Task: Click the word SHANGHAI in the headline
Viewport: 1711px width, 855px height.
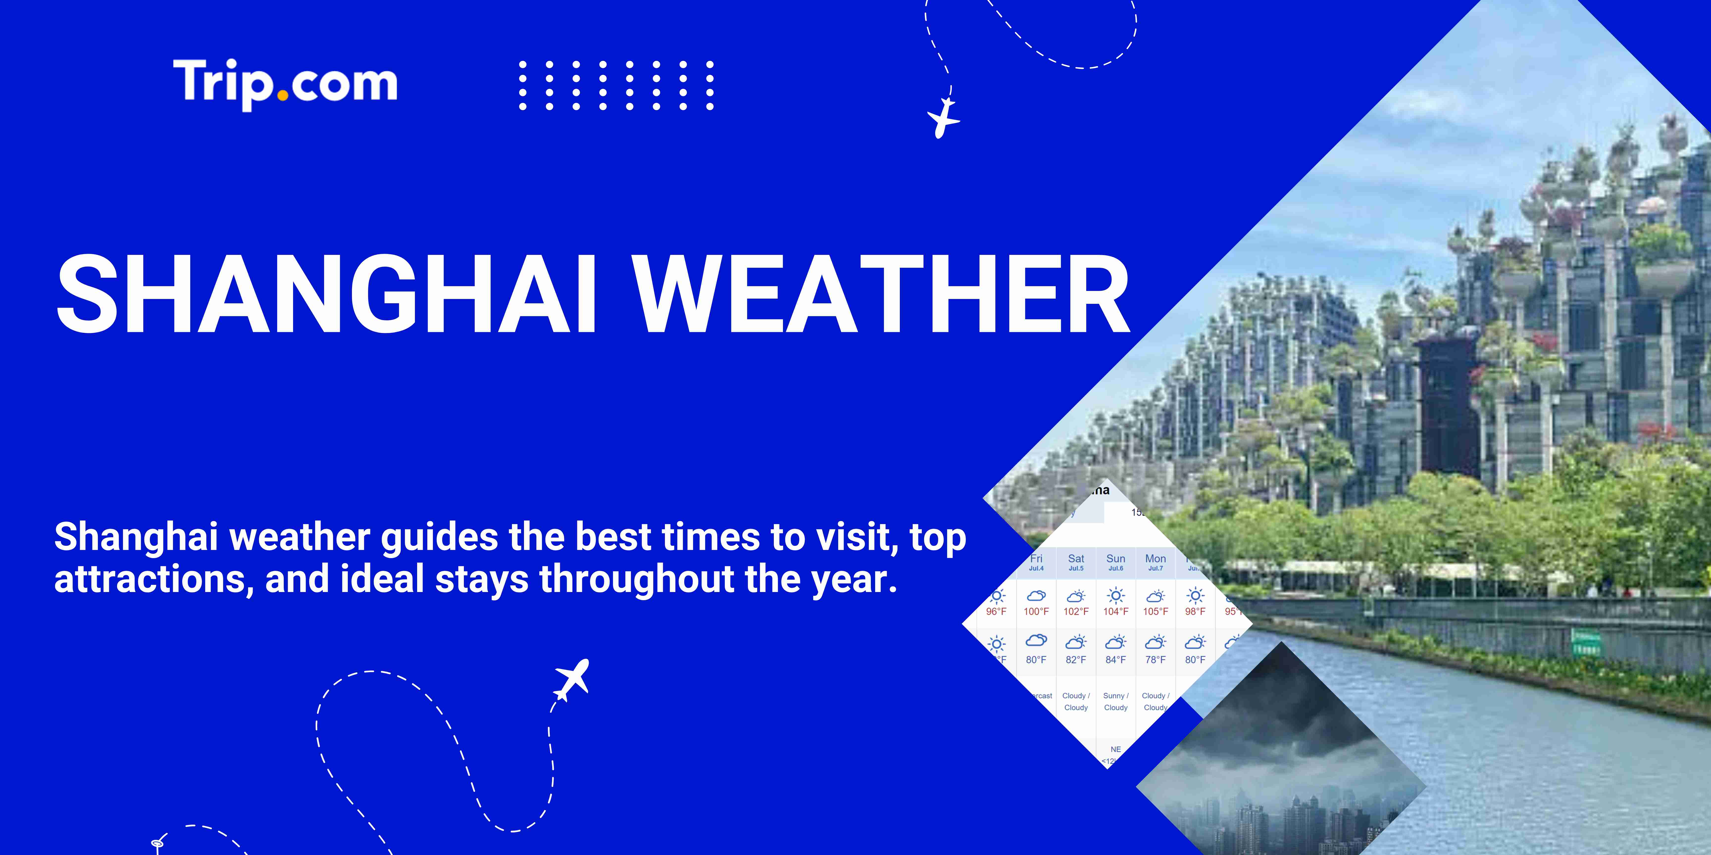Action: [x=326, y=294]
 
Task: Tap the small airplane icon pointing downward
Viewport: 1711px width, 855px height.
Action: [x=943, y=118]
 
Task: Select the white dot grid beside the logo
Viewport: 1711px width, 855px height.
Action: [x=616, y=85]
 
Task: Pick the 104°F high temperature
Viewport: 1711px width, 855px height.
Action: [x=1116, y=611]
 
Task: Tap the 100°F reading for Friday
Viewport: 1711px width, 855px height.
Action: [x=1036, y=611]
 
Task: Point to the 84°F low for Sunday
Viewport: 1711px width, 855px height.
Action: [x=1116, y=660]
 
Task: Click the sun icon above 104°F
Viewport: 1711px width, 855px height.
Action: [x=1116, y=595]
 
